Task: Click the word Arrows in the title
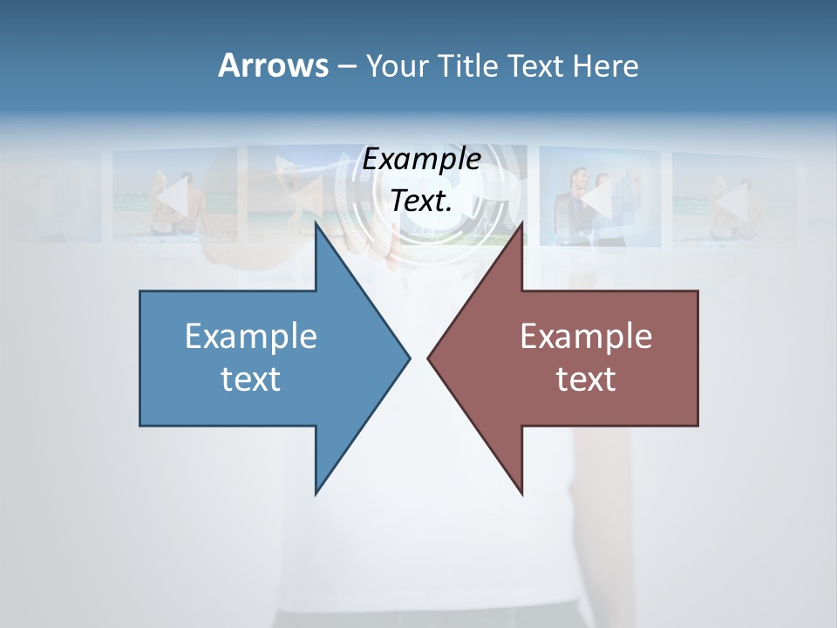tap(272, 65)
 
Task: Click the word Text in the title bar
tap(539, 65)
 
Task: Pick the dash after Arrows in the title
tap(346, 66)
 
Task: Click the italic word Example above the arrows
tap(422, 159)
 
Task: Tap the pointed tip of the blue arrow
tap(410, 358)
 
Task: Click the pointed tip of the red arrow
tap(428, 358)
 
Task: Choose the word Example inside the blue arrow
tap(251, 336)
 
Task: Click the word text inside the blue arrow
tap(251, 379)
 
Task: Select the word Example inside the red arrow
tap(586, 336)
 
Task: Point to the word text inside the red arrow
tap(586, 379)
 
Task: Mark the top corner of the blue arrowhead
tap(316, 223)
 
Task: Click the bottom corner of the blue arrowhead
tap(316, 494)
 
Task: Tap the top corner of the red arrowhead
tap(521, 223)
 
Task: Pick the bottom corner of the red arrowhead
tap(521, 494)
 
